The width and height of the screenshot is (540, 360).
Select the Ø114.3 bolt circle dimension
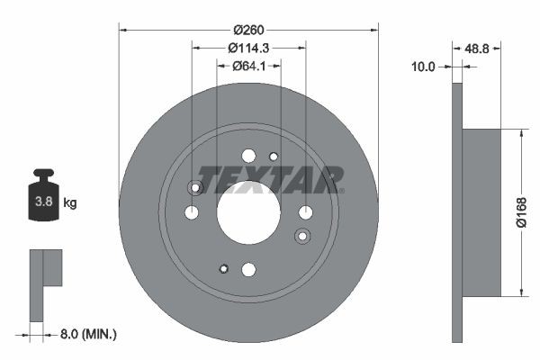click(x=248, y=47)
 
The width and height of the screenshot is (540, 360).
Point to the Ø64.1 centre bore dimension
click(x=248, y=65)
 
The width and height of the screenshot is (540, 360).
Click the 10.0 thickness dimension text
click(x=423, y=67)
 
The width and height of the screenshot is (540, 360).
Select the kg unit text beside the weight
click(x=70, y=203)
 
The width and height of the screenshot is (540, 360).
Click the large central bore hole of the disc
click(x=248, y=212)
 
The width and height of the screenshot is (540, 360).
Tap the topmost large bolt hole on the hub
click(x=248, y=156)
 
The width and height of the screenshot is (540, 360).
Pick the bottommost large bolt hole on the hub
click(x=248, y=269)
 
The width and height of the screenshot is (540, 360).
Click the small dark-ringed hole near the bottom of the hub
click(x=224, y=267)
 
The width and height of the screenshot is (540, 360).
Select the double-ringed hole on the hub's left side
click(x=194, y=187)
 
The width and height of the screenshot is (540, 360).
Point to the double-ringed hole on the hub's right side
click(x=302, y=236)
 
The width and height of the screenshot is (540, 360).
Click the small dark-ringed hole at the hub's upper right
click(x=274, y=157)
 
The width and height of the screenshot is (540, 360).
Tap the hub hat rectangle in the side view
click(x=481, y=212)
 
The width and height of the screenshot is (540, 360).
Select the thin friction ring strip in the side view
click(x=456, y=212)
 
